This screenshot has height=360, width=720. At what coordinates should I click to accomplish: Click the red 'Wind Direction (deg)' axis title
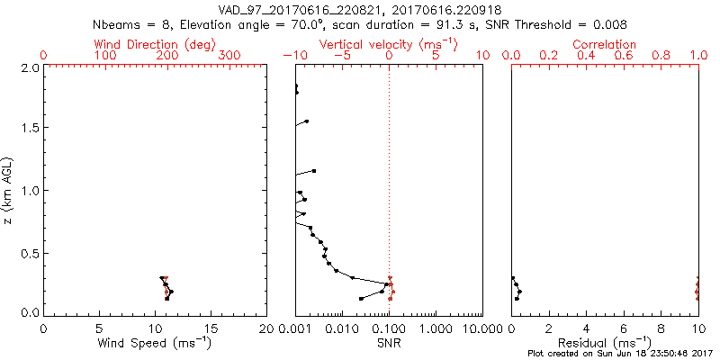155,44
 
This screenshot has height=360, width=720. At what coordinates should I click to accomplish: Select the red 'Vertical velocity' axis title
388,44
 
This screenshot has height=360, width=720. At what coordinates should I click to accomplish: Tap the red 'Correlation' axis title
605,44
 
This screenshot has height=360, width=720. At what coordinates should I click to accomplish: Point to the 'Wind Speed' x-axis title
155,343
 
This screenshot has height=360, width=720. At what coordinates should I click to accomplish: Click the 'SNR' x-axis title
389,343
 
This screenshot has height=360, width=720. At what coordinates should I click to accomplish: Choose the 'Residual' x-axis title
605,343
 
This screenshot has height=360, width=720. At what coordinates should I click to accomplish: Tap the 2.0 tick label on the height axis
30,67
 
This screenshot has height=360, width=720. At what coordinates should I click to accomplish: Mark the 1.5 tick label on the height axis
30,129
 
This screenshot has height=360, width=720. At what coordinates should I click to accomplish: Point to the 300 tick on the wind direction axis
230,56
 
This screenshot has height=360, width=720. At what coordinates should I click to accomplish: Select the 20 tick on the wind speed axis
266,328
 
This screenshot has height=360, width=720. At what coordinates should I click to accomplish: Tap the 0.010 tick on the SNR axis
341,328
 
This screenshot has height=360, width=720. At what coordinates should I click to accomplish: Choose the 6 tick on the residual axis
624,328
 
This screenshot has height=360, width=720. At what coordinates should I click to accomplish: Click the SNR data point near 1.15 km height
314,170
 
